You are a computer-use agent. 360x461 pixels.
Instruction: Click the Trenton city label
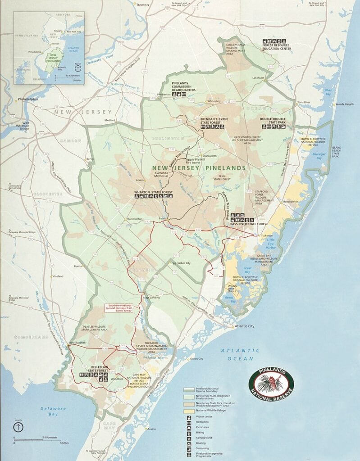(143, 5)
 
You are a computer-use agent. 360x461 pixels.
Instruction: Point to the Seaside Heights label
(345, 104)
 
